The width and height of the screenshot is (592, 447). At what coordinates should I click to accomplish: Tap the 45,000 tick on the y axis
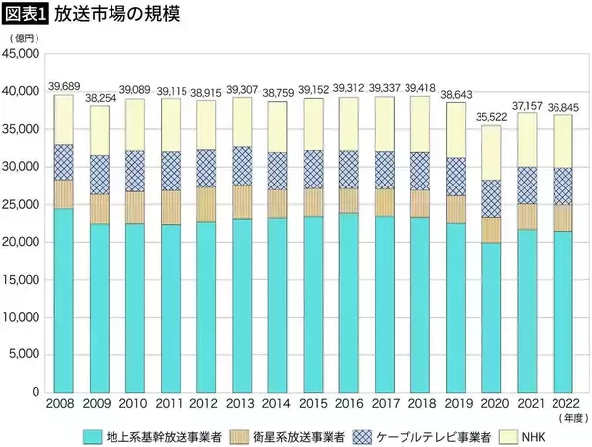pyautogui.click(x=21, y=53)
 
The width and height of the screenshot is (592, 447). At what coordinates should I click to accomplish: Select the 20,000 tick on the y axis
pyautogui.click(x=21, y=242)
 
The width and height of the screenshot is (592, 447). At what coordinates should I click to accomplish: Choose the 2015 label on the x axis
pyautogui.click(x=313, y=405)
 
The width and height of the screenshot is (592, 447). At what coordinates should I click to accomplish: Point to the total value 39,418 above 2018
pyautogui.click(x=420, y=88)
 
